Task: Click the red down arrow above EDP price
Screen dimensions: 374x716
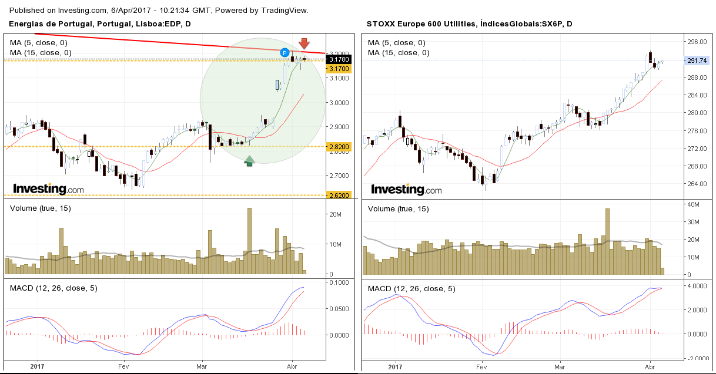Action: pos(304,44)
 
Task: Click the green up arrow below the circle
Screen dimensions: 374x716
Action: pos(249,160)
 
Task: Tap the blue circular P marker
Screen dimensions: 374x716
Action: pos(284,52)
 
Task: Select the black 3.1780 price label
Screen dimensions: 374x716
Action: pos(339,59)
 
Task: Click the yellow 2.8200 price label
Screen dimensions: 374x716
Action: pos(339,146)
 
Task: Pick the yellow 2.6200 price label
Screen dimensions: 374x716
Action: pos(339,195)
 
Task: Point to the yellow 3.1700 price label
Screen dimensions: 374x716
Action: pos(339,69)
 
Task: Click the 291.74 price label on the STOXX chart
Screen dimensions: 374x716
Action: pos(698,60)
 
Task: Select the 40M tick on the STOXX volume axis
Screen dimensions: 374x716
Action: pos(693,204)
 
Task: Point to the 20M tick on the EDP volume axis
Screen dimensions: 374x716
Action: pos(336,215)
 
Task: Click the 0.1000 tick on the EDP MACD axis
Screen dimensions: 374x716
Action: pos(339,282)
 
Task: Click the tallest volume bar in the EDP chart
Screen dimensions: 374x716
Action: pos(249,241)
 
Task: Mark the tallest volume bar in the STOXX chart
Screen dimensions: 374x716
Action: pos(607,241)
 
